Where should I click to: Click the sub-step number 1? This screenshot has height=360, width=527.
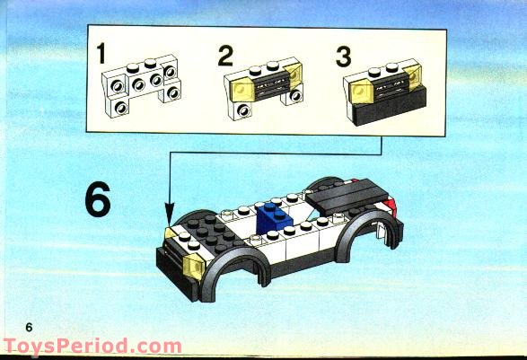[x=101, y=53]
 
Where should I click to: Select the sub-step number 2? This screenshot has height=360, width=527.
[x=225, y=56]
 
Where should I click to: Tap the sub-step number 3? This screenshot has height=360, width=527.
[x=344, y=57]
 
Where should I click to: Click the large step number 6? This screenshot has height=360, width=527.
[x=98, y=199]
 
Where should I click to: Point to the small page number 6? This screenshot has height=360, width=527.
[x=30, y=327]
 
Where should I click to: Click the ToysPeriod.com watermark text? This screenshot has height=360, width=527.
[x=92, y=347]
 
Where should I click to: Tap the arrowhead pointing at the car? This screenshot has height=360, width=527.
[x=170, y=213]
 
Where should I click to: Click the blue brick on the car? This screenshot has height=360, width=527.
[x=273, y=218]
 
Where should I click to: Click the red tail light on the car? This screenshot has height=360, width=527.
[x=391, y=205]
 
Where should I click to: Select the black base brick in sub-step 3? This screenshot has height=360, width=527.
[x=390, y=107]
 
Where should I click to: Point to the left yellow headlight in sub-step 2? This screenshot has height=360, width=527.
[x=242, y=90]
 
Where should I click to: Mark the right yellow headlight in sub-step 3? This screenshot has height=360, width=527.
[x=413, y=77]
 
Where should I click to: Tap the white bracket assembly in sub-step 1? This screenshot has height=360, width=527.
[x=142, y=85]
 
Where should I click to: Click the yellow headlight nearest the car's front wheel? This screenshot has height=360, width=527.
[x=194, y=267]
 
